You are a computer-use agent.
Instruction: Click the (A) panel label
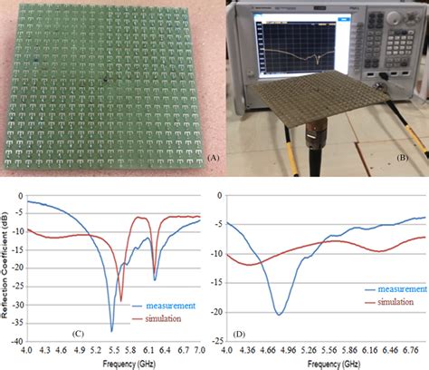[x=214, y=157]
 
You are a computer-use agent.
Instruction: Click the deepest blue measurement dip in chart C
[x=112, y=330]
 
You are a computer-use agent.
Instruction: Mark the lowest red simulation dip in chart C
[x=122, y=299]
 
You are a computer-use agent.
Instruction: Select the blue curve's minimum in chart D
[x=280, y=314]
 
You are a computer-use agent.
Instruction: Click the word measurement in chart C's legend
[x=164, y=307]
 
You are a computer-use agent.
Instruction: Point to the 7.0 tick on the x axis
[x=200, y=349]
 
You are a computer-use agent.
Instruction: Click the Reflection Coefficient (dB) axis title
[x=7, y=268]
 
